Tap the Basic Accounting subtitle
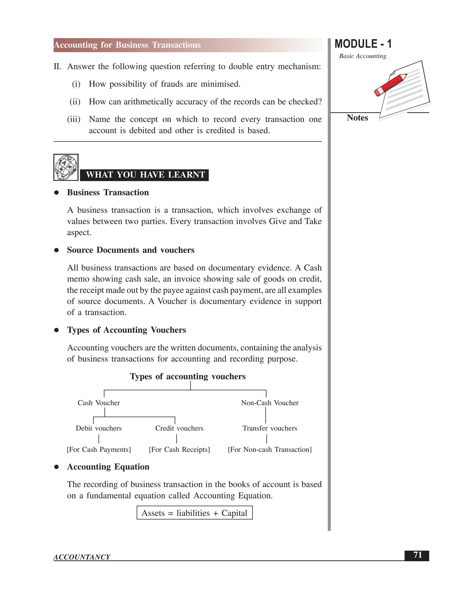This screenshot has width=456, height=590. tap(362, 56)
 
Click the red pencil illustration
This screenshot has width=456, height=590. tap(390, 85)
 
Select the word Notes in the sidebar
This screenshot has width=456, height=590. tap(357, 118)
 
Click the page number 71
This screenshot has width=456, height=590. tap(417, 555)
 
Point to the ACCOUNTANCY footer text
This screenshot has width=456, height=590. tap(82, 557)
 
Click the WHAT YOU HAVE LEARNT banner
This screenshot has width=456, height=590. tap(145, 175)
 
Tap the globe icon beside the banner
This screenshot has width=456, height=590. tap(66, 167)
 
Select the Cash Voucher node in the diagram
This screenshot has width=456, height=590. tap(99, 403)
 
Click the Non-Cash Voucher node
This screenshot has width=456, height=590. tap(270, 403)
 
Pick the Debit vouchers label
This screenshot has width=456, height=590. tap(99, 428)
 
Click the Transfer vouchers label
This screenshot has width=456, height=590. tap(270, 428)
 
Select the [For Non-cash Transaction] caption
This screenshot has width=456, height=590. tap(270, 450)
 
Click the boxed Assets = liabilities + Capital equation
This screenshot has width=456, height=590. tap(195, 513)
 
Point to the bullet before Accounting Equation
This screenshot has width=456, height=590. tap(57, 467)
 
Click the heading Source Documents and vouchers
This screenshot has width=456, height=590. tap(130, 250)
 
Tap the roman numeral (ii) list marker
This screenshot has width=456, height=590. tap(75, 102)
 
